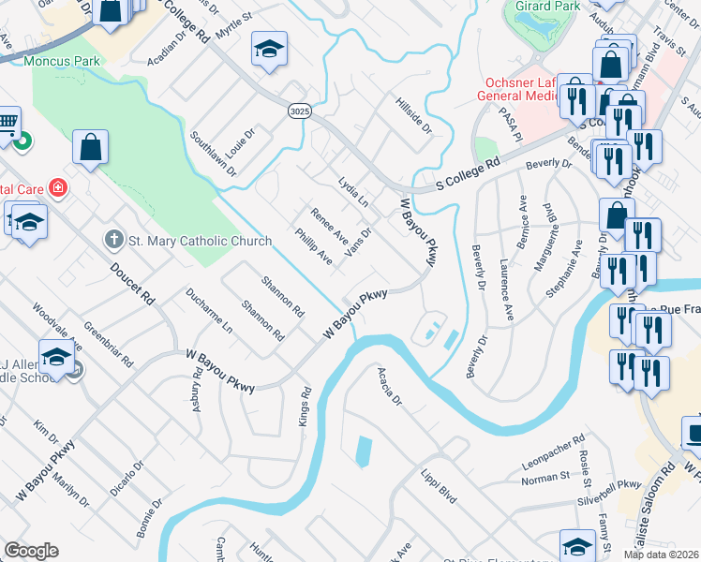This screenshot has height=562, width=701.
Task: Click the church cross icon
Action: coord(114,241)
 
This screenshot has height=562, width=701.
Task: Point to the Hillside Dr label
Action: coord(413,114)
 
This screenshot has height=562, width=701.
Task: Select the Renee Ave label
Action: coord(330,225)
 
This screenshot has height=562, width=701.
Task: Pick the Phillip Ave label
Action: coord(313,244)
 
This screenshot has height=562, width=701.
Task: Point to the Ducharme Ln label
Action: coord(208,311)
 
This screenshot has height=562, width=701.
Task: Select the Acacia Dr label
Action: coord(389,386)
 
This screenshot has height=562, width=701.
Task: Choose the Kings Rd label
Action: coord(304,406)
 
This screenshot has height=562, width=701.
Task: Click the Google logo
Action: coord(31,551)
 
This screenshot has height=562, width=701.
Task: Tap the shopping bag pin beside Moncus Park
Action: coord(91,146)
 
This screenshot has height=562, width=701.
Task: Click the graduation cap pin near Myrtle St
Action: coord(269,49)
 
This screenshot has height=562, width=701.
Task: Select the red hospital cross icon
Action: coord(58,187)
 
